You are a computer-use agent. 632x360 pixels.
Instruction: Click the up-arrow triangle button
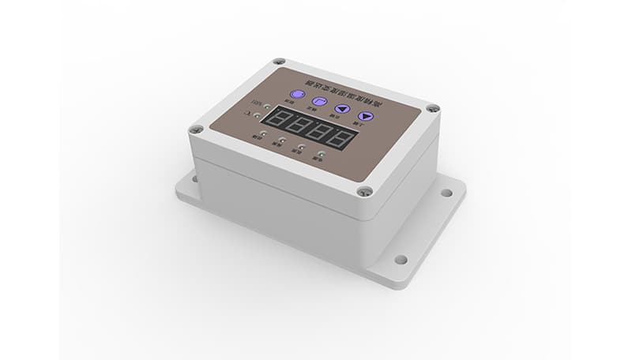pos(340,110)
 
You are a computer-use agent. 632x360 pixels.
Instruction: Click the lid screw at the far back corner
pos(277,62)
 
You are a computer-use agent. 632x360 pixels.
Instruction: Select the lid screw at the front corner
pos(364,190)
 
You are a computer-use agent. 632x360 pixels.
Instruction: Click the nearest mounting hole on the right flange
pos(401,259)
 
